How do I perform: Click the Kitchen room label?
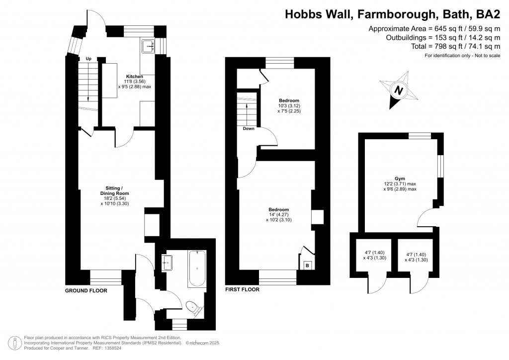[134, 77]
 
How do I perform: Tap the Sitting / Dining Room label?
[115, 190]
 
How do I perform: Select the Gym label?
[400, 179]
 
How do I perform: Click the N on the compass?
[399, 90]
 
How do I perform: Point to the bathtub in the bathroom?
[197, 269]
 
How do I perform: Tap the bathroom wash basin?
[167, 262]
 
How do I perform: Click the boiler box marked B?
[307, 266]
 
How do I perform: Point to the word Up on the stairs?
[88, 59]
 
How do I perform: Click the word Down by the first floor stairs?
[249, 129]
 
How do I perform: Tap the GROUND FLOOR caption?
[86, 290]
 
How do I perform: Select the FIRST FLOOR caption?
[243, 289]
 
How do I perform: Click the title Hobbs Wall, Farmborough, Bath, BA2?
[393, 14]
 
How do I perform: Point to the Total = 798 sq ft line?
[455, 46]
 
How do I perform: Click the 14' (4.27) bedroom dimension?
[278, 215]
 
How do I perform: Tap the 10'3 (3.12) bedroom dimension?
[289, 106]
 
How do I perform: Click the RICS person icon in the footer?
[14, 343]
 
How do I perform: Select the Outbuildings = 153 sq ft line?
[443, 37]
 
